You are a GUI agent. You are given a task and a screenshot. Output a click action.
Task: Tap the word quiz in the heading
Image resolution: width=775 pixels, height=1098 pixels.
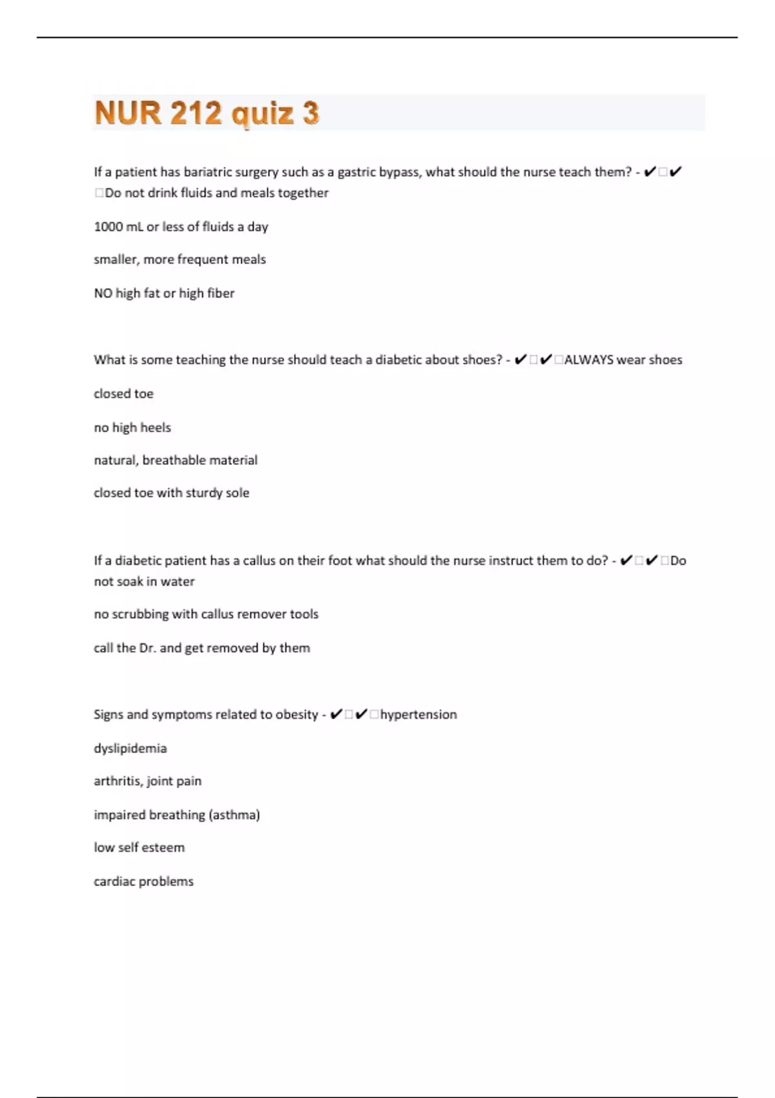tap(262, 114)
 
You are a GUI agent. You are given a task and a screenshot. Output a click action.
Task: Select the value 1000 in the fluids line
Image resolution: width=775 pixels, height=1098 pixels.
tap(108, 227)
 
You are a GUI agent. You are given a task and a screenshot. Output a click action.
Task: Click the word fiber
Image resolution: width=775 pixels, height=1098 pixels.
tap(220, 293)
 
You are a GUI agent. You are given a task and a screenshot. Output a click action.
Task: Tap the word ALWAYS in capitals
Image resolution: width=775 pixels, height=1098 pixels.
tap(589, 360)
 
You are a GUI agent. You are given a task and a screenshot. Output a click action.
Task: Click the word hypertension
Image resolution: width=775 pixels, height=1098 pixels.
tap(418, 714)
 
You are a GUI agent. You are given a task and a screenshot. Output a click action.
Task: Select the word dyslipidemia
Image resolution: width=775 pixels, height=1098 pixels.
tap(130, 749)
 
